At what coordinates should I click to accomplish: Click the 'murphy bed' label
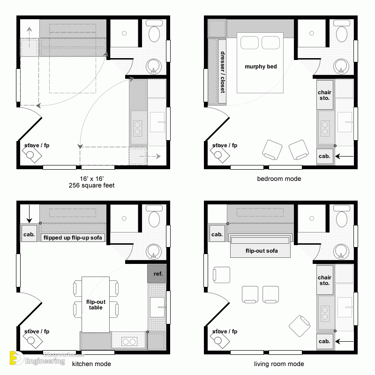point(261,67)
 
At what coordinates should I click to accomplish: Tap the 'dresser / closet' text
point(223,72)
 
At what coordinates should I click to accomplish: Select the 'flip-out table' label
point(96,304)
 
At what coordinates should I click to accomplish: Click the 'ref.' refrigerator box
point(157,274)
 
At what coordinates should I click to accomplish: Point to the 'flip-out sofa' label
point(262,251)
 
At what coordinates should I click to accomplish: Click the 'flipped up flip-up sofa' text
point(73,238)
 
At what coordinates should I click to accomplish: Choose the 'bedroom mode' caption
point(279,179)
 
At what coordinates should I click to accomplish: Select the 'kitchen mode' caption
point(91,364)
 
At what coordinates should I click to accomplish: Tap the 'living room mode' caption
point(279,364)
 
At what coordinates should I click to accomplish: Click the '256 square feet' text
point(91,185)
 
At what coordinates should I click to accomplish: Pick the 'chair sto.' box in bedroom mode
point(325,95)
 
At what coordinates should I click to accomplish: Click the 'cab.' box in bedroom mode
point(324,156)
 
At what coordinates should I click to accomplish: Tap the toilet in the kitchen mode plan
point(154,217)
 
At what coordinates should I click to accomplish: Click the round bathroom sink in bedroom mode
point(341,66)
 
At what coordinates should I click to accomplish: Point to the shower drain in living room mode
point(312,218)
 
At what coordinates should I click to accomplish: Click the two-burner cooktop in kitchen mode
point(129,341)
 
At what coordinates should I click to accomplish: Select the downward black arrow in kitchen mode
point(29,214)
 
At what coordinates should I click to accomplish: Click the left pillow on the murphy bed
point(249,43)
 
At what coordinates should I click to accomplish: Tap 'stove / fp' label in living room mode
point(225,331)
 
